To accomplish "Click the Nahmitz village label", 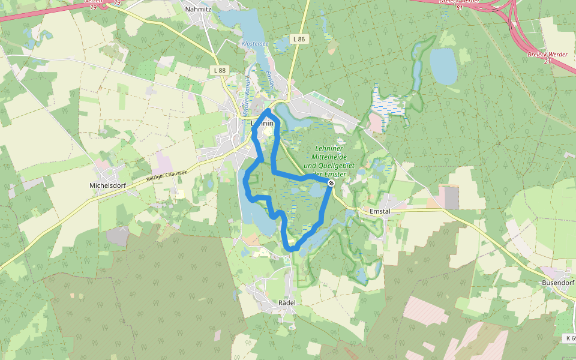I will click(x=198, y=9).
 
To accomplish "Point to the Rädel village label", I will click(x=287, y=302).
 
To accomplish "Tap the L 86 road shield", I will click(x=299, y=39).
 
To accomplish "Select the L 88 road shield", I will click(x=220, y=70).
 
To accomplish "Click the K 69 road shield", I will click(x=570, y=338).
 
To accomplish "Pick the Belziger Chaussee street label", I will click(x=167, y=176).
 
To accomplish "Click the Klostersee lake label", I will click(x=254, y=44).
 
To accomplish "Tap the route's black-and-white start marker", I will click(x=331, y=182).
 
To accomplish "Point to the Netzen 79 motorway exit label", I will click(x=90, y=4).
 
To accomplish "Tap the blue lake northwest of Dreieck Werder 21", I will click(x=443, y=66).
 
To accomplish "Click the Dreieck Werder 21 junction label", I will click(x=547, y=58).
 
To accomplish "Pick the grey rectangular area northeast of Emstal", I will click(x=451, y=197).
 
